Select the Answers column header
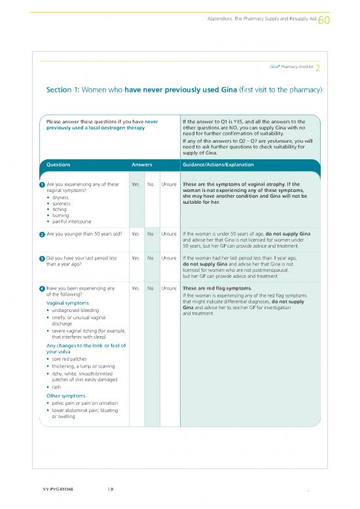(143, 165)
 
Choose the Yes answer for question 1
(135, 184)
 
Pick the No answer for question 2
(151, 233)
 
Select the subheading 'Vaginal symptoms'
(68, 303)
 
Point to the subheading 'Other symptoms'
(66, 395)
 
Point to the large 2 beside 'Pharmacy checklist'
(317, 69)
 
